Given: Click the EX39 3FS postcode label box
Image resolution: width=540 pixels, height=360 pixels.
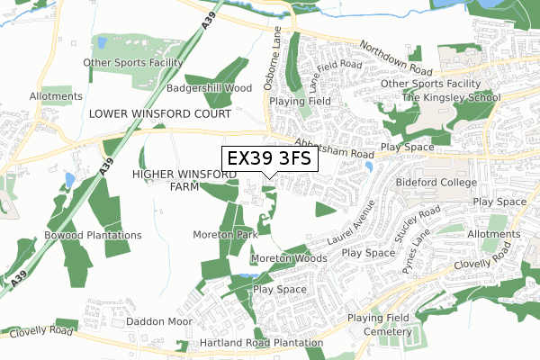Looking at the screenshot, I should [268, 157].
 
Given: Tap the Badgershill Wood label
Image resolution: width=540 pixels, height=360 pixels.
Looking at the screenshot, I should [209, 89].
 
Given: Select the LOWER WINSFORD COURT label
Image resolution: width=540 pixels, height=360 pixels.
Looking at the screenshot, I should [159, 114].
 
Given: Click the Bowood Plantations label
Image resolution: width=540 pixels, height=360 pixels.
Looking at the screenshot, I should [93, 235].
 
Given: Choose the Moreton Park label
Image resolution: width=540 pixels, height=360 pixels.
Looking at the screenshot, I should [225, 234].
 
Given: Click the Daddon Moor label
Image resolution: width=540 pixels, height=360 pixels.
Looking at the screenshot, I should [159, 321].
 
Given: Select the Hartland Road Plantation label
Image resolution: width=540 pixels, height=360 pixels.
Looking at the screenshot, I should [262, 344].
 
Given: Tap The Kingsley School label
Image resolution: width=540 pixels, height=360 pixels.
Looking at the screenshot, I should [450, 97].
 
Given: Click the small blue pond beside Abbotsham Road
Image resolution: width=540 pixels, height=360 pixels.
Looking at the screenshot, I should [369, 166].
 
